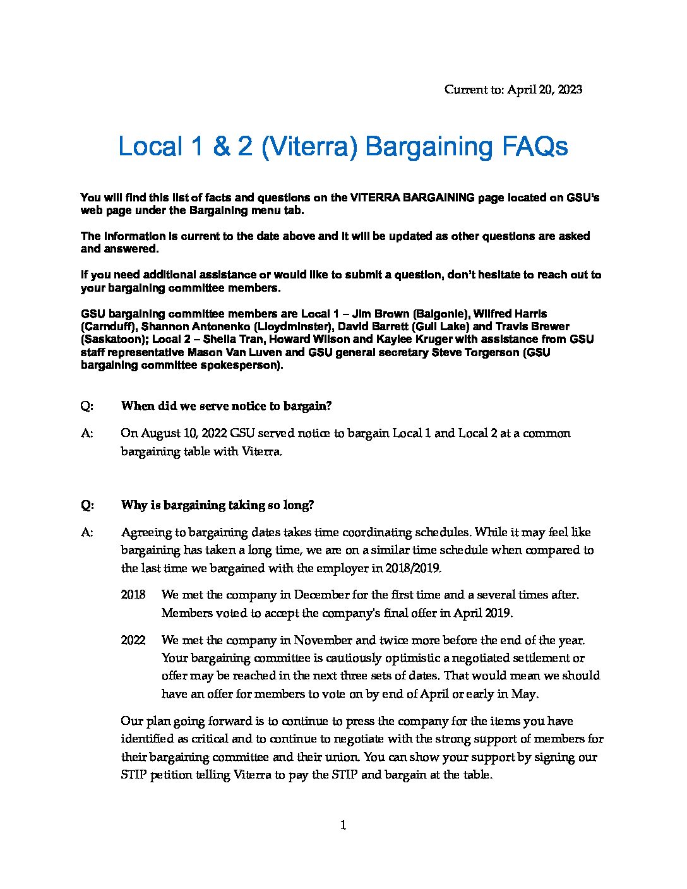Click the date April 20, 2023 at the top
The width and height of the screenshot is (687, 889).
pyautogui.click(x=544, y=90)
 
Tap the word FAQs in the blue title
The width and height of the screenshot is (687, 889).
pyautogui.click(x=535, y=147)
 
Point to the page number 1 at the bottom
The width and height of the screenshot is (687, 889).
pyautogui.click(x=343, y=825)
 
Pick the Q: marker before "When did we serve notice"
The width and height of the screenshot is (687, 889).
pyautogui.click(x=87, y=406)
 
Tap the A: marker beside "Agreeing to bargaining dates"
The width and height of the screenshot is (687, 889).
pyautogui.click(x=87, y=532)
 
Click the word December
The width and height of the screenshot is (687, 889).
pyautogui.click(x=321, y=595)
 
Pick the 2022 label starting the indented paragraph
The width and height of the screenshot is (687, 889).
pyautogui.click(x=133, y=640)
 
